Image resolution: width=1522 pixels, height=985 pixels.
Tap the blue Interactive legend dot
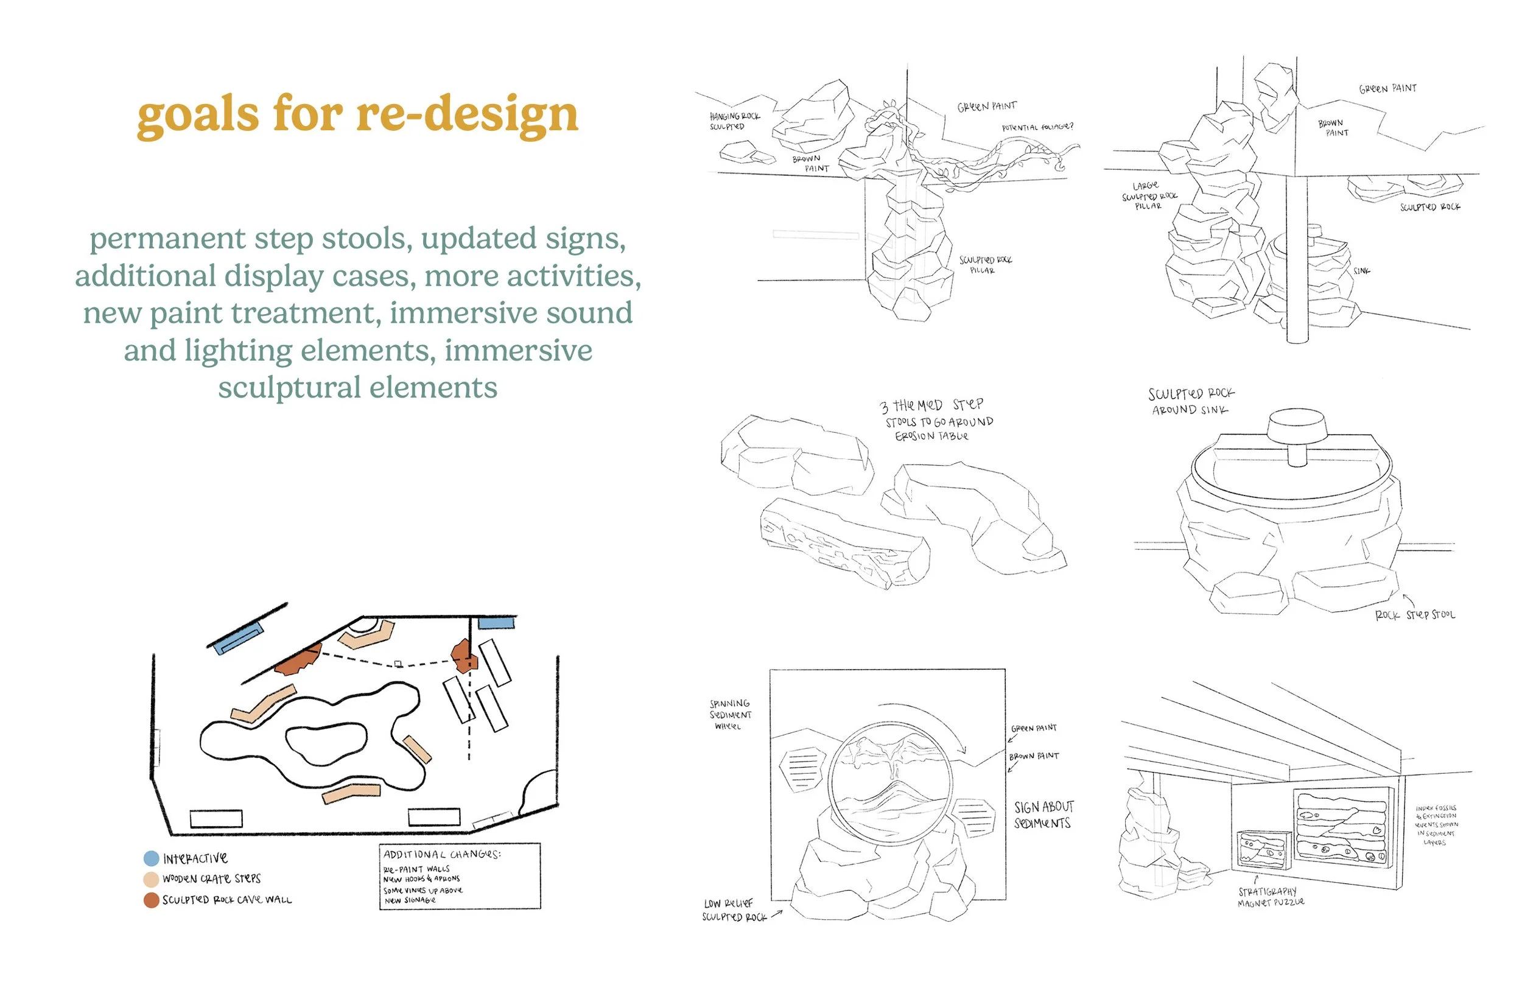(x=152, y=858)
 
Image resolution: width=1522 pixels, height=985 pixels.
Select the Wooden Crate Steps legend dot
(x=151, y=880)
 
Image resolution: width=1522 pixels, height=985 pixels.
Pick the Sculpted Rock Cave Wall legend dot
(x=152, y=900)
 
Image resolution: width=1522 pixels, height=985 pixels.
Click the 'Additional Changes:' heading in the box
(x=442, y=855)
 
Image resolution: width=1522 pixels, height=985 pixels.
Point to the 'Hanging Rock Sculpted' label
(x=734, y=121)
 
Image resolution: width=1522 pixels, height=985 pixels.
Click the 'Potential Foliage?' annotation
(x=1037, y=127)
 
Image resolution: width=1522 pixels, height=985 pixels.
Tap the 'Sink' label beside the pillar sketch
(x=1361, y=271)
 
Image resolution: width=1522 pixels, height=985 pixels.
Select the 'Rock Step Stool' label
(x=1415, y=615)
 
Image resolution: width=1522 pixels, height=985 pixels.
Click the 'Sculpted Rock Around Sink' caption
(x=1190, y=402)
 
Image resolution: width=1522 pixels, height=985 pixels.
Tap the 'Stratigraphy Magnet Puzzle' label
(x=1270, y=897)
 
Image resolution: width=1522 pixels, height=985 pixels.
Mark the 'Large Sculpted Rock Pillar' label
(x=1149, y=195)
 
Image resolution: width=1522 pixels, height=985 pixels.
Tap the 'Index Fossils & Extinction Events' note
(x=1436, y=825)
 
